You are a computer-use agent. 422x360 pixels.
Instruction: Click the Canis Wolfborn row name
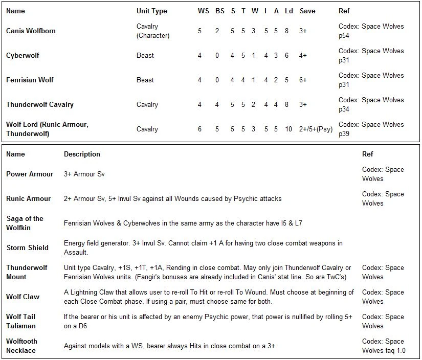[x=31, y=31]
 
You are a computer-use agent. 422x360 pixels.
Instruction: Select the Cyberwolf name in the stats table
[x=23, y=55]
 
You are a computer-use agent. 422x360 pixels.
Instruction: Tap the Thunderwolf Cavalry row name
[x=40, y=104]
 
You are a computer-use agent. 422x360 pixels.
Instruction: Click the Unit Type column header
[x=151, y=11]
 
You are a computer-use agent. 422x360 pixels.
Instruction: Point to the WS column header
[x=203, y=11]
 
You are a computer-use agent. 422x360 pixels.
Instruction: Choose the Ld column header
[x=289, y=11]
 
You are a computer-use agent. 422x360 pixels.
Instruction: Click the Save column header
[x=307, y=11]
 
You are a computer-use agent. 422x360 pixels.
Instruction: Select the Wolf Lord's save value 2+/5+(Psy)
[x=316, y=129]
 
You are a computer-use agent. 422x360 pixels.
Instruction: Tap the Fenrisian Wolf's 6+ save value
[x=303, y=80]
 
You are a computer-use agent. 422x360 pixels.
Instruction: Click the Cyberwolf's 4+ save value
[x=303, y=55]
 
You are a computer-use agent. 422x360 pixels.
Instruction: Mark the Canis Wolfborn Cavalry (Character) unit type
[x=152, y=31]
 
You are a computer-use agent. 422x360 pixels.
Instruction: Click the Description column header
[x=82, y=154]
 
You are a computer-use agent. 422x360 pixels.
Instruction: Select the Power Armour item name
[x=30, y=174]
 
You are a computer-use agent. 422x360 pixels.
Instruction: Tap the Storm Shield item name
[x=27, y=247]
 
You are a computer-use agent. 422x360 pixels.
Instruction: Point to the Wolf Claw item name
[x=23, y=297]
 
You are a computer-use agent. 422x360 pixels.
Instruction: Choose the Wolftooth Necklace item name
[x=21, y=346]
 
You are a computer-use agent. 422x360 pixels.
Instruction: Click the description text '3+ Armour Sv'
[x=84, y=174]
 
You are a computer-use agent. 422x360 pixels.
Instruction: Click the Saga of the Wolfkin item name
[x=25, y=223]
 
